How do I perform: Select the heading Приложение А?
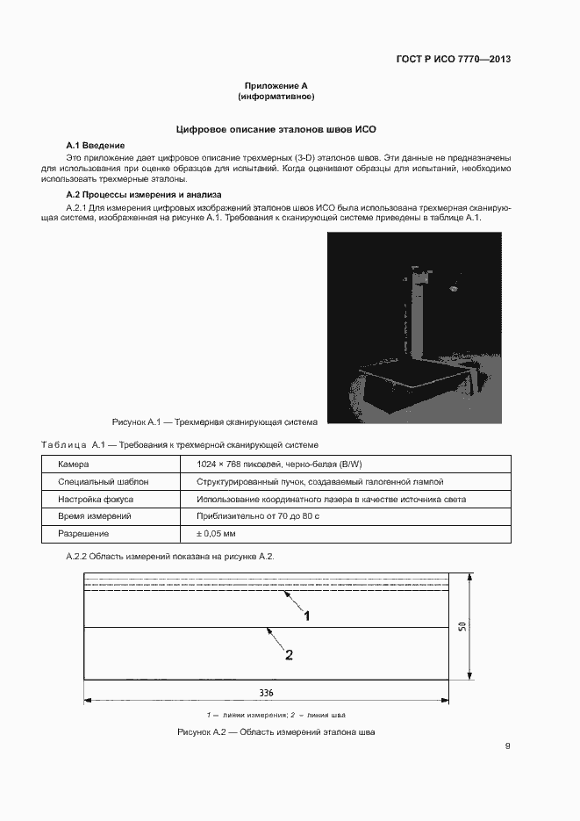click(276, 86)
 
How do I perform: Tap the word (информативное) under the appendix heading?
click(276, 96)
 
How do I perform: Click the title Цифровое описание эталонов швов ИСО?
click(276, 129)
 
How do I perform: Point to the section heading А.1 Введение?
click(96, 144)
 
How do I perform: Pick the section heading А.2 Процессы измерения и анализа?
click(144, 193)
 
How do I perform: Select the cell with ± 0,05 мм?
click(217, 533)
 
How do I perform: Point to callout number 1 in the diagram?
click(307, 616)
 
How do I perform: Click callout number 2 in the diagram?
click(289, 654)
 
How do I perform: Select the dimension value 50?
click(462, 629)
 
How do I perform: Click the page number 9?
click(507, 746)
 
